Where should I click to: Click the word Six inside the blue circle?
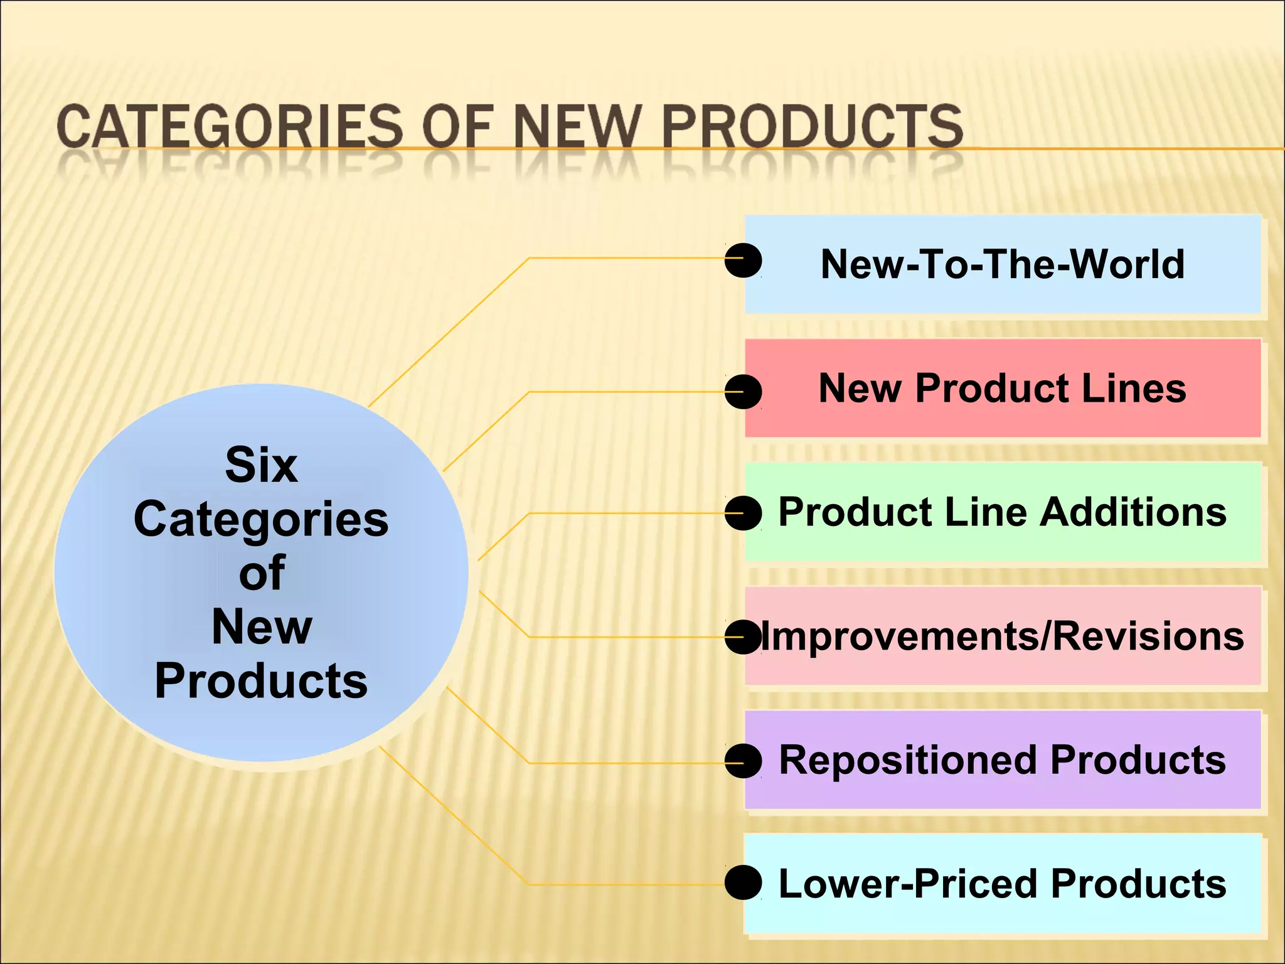point(261,465)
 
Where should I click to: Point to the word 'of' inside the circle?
point(262,573)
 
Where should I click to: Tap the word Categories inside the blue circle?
point(261,519)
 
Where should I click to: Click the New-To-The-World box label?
point(1002,264)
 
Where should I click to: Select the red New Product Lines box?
point(1002,388)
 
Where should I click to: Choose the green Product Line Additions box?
point(1002,512)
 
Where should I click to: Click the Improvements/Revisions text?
point(1002,636)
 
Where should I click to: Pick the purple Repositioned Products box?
point(1002,760)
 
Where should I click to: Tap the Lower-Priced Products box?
point(1002,884)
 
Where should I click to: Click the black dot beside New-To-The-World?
point(743,260)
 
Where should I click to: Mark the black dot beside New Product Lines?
point(743,392)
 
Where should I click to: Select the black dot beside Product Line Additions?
point(743,513)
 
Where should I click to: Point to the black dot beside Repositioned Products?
point(743,761)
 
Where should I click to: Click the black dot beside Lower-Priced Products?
point(743,882)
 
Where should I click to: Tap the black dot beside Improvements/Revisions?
point(743,638)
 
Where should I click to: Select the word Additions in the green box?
point(1133,512)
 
